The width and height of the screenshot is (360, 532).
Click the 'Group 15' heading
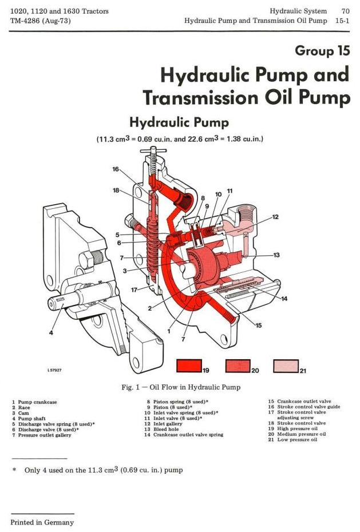point(322,51)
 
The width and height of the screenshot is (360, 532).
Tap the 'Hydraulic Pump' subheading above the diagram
point(179,122)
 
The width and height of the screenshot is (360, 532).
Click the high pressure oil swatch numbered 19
point(190,365)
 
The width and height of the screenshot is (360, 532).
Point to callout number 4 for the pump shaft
point(51,332)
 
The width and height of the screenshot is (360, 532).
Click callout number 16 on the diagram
point(116,169)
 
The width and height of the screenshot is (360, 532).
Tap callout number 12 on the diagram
point(275,217)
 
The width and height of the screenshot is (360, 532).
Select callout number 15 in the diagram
point(259,325)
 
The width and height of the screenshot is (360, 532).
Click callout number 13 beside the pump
point(276,255)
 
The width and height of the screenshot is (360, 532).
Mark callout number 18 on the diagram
point(116,190)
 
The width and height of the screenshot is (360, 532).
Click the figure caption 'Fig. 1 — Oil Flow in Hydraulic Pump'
point(181,387)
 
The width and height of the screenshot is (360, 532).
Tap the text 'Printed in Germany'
point(42,522)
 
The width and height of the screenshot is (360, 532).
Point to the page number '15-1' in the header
point(342,21)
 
